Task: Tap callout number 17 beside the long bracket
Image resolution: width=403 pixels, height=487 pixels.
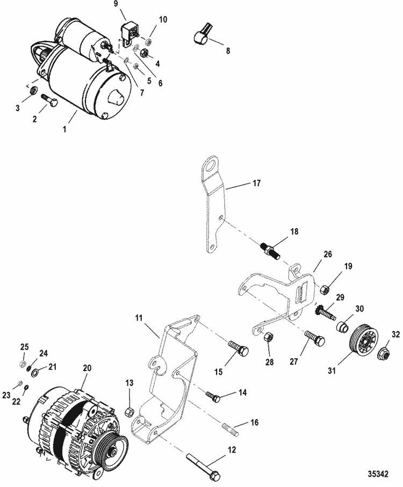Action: pyautogui.click(x=256, y=183)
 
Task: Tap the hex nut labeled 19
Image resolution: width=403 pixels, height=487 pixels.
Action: pyautogui.click(x=325, y=289)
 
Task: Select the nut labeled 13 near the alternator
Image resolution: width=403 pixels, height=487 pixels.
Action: pyautogui.click(x=129, y=412)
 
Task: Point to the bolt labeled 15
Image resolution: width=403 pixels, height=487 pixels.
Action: pyautogui.click(x=239, y=348)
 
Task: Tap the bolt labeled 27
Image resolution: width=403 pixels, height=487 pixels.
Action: pyautogui.click(x=315, y=338)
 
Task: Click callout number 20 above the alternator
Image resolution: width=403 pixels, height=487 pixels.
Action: pyautogui.click(x=87, y=368)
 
